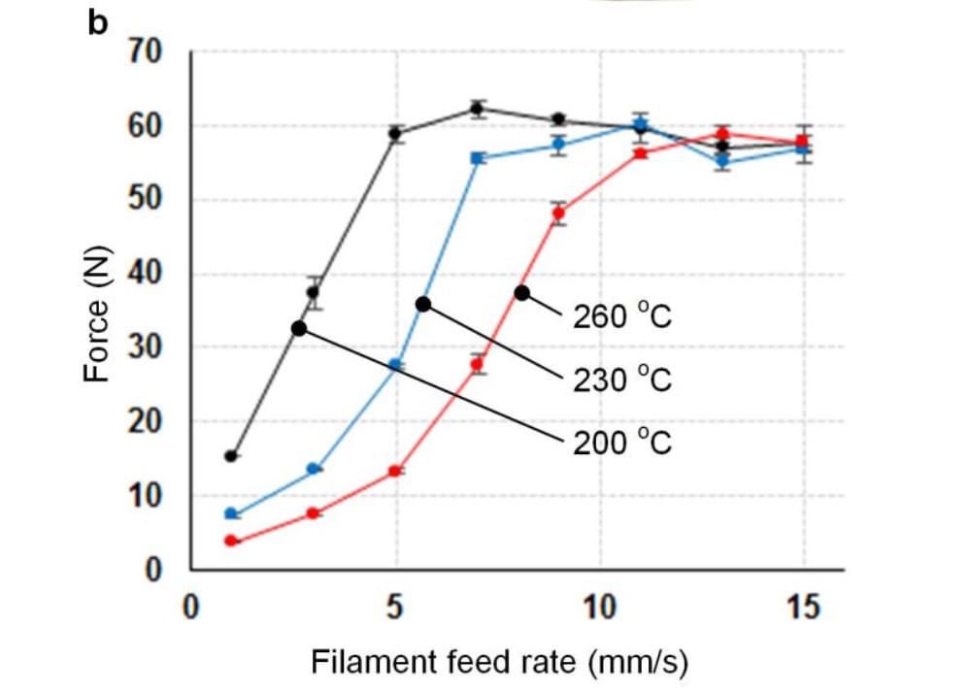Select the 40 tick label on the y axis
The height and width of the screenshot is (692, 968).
[x=147, y=274]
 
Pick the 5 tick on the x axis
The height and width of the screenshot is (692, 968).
[x=396, y=608]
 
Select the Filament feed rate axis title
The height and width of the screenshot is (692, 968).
[x=499, y=662]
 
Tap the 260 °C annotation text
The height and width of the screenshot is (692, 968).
[x=622, y=317]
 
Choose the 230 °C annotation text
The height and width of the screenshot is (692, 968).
[x=622, y=379]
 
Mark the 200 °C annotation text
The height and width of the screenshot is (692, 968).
[x=622, y=444]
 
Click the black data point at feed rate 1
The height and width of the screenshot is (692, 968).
[x=231, y=455]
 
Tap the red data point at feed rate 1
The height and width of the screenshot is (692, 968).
[x=231, y=541]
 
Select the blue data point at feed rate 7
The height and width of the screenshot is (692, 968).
[x=477, y=158]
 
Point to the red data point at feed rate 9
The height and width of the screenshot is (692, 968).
[x=558, y=214]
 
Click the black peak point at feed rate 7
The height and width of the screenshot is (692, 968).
[x=477, y=108]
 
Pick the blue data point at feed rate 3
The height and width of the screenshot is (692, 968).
[x=314, y=469]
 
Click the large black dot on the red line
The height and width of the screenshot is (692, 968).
[x=522, y=292]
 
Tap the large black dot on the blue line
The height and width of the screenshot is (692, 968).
[x=423, y=304]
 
